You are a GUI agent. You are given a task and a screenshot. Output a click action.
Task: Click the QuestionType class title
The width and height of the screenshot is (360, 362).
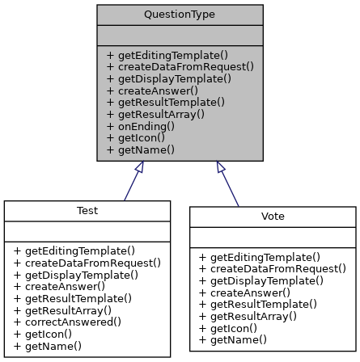click(180, 15)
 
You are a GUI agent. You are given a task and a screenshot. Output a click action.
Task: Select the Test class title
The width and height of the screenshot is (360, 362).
click(87, 211)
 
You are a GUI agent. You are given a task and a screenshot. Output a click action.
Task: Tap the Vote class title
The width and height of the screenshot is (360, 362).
click(273, 217)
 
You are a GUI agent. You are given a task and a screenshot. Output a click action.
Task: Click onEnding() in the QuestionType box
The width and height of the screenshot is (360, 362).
click(146, 126)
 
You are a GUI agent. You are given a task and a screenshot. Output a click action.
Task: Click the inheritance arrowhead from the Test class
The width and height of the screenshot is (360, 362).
click(139, 167)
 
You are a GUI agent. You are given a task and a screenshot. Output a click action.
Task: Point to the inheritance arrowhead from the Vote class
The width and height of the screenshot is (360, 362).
click(220, 167)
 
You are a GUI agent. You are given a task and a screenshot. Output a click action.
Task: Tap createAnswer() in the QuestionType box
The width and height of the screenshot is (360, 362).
click(152, 90)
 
